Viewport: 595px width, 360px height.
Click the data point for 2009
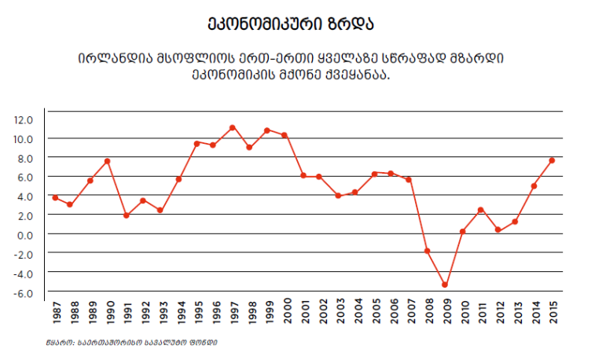[x=444, y=285]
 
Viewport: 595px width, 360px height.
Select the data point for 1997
[x=233, y=127]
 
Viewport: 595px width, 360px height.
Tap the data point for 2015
[x=552, y=160]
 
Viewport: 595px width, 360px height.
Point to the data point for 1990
[x=108, y=161]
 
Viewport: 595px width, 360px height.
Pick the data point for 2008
[x=427, y=251]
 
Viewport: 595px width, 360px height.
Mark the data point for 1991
[x=126, y=215]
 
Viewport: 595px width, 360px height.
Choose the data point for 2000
[x=285, y=135]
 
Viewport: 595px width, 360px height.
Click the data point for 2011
[x=480, y=210]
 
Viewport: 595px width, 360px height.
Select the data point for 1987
[x=55, y=197]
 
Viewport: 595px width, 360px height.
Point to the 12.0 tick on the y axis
[x=24, y=119]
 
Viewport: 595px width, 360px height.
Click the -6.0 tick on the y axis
[x=24, y=292]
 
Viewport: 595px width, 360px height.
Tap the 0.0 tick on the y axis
[x=24, y=234]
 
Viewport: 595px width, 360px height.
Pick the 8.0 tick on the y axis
[x=24, y=158]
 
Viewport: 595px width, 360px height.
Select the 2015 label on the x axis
[x=553, y=314]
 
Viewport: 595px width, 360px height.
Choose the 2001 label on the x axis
[x=303, y=314]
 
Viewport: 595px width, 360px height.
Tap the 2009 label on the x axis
[x=446, y=314]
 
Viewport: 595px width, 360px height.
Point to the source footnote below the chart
[x=131, y=343]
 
